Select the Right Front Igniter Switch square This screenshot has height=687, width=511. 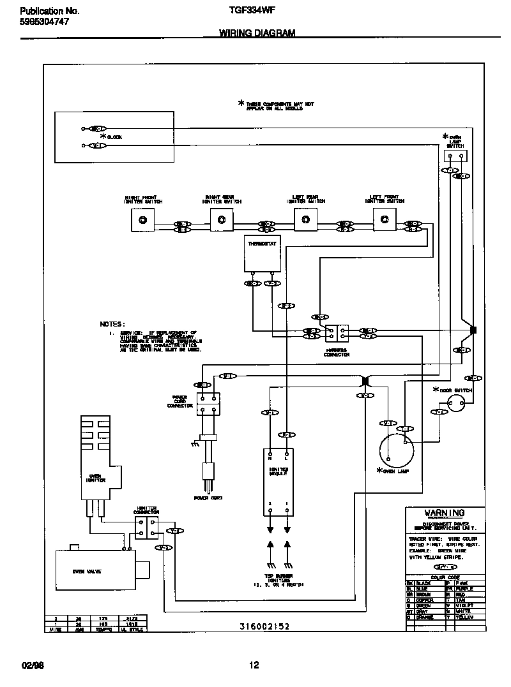pyautogui.click(x=142, y=221)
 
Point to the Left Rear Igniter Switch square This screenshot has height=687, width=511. pyautogui.click(x=305, y=221)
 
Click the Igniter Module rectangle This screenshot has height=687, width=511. pyautogui.click(x=278, y=482)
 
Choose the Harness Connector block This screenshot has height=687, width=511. pyautogui.click(x=336, y=334)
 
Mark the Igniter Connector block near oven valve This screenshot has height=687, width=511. pyautogui.click(x=144, y=527)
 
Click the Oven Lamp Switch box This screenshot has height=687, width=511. pyautogui.click(x=455, y=155)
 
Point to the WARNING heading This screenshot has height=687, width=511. pyautogui.click(x=445, y=513)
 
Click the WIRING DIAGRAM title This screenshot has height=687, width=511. pyautogui.click(x=257, y=33)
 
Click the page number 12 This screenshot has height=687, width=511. pyautogui.click(x=254, y=665)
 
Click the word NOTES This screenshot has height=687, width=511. pyautogui.click(x=112, y=324)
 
